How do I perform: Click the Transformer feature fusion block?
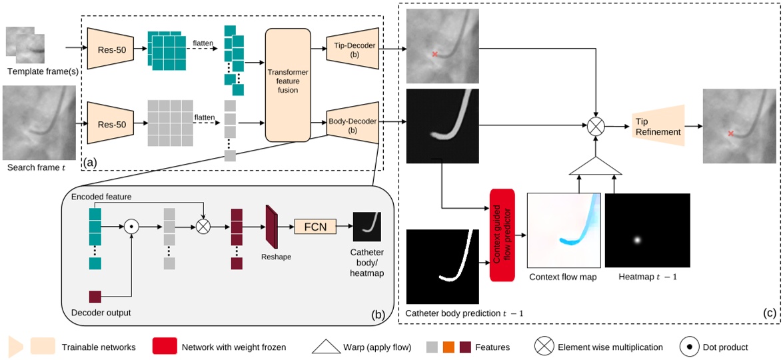pos(288,85)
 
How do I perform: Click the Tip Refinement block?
pos(658,126)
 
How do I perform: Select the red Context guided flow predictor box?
pos(503,235)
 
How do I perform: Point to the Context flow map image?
pos(564,231)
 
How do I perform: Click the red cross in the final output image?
pos(731,134)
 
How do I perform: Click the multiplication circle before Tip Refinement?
pos(594,125)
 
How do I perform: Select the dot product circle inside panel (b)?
pos(132,227)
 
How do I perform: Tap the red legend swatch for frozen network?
pos(165,346)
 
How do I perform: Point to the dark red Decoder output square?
pos(95,297)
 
